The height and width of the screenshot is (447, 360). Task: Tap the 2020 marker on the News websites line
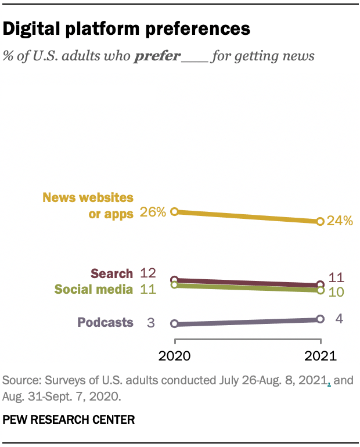tap(174, 212)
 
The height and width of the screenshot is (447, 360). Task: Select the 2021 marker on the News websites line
tap(320, 221)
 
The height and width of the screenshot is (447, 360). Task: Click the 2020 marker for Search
tap(174, 280)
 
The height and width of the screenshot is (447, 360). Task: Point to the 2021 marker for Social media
tap(320, 290)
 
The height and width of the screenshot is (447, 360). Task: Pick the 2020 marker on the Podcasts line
tap(174, 323)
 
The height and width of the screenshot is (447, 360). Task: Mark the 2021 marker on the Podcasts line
tap(320, 319)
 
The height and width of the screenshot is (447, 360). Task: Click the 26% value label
tap(153, 212)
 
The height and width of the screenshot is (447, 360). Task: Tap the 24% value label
tap(340, 221)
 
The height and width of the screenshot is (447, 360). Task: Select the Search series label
tap(111, 273)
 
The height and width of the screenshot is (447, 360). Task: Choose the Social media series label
tap(93, 289)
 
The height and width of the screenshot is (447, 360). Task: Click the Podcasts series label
tap(105, 323)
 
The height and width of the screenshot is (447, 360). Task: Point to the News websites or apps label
tap(88, 206)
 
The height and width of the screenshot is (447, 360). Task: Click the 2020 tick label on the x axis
tap(174, 355)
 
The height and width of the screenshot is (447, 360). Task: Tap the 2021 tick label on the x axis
tap(320, 355)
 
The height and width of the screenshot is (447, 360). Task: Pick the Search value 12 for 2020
tap(148, 273)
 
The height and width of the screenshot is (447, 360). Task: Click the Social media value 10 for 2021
tap(336, 291)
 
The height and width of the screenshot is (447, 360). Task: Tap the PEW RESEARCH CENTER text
tap(69, 419)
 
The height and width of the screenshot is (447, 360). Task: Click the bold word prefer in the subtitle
tap(157, 56)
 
